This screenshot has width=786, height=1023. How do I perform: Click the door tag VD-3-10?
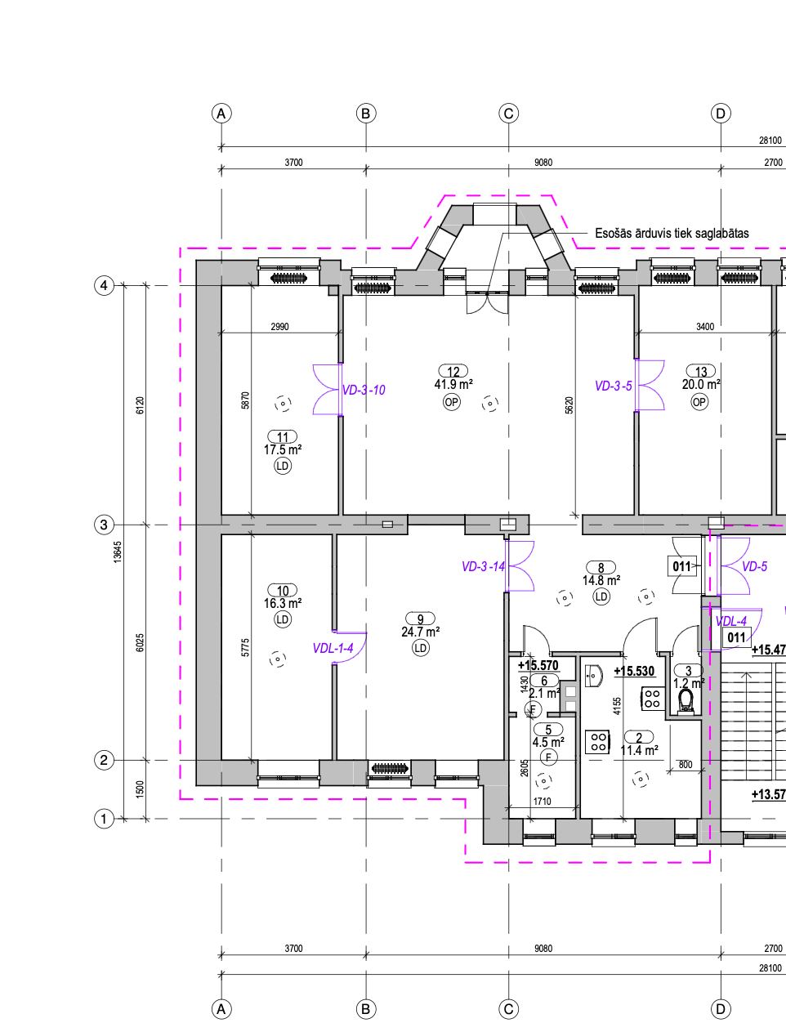click(364, 390)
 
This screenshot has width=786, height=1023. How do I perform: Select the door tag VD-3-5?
click(614, 386)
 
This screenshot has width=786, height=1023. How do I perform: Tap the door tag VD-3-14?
click(483, 566)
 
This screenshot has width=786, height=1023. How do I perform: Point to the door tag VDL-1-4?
click(333, 648)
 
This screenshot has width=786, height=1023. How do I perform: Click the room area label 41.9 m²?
click(453, 385)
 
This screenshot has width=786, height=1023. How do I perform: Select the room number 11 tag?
click(283, 437)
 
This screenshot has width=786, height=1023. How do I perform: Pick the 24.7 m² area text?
click(420, 632)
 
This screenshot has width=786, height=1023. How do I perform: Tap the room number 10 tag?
click(283, 591)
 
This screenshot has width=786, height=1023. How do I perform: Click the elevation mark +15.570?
click(538, 665)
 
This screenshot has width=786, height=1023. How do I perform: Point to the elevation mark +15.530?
click(634, 671)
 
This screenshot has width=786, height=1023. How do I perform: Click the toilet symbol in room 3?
click(686, 701)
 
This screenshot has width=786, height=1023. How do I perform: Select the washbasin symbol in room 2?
click(593, 676)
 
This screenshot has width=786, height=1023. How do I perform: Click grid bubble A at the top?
click(221, 114)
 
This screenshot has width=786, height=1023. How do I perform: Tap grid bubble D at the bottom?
click(721, 1009)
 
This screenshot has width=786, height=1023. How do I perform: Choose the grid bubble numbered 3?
click(104, 525)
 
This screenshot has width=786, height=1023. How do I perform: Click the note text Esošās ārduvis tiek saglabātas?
click(672, 233)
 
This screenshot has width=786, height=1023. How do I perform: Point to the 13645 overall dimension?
click(118, 552)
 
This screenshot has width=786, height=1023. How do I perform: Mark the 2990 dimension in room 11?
click(279, 326)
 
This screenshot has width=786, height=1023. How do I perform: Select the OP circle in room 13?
click(699, 402)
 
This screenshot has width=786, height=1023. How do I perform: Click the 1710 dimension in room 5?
click(543, 801)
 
